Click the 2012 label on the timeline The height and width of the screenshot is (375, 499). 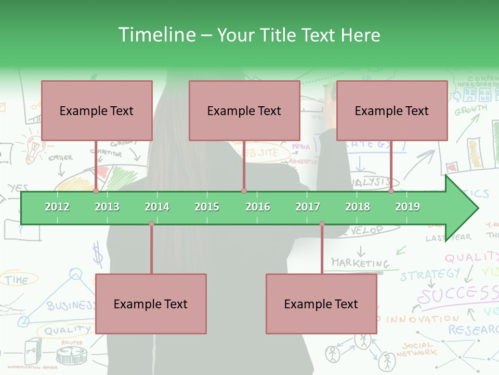[x=57, y=207]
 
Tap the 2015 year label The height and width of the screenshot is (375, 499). [x=207, y=207]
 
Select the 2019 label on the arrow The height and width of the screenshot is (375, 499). [x=408, y=207]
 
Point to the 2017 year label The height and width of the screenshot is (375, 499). [x=308, y=207]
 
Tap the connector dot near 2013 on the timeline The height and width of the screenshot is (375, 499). [x=96, y=191]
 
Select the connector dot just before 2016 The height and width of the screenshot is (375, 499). [x=244, y=191]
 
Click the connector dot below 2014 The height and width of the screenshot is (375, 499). [x=151, y=224]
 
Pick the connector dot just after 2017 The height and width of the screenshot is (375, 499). [x=322, y=224]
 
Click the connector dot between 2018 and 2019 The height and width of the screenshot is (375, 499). [x=391, y=191]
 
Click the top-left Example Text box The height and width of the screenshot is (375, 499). [x=97, y=110]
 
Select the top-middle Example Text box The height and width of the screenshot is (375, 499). [x=244, y=110]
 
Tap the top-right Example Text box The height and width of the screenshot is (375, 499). [x=392, y=110]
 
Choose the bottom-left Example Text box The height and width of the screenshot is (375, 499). [x=151, y=304]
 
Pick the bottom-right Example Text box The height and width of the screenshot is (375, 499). [x=321, y=304]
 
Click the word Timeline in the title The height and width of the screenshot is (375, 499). [x=156, y=35]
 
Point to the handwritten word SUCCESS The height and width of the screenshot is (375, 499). [x=457, y=295]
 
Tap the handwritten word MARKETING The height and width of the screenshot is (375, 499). [x=360, y=263]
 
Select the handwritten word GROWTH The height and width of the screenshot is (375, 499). [x=471, y=110]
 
